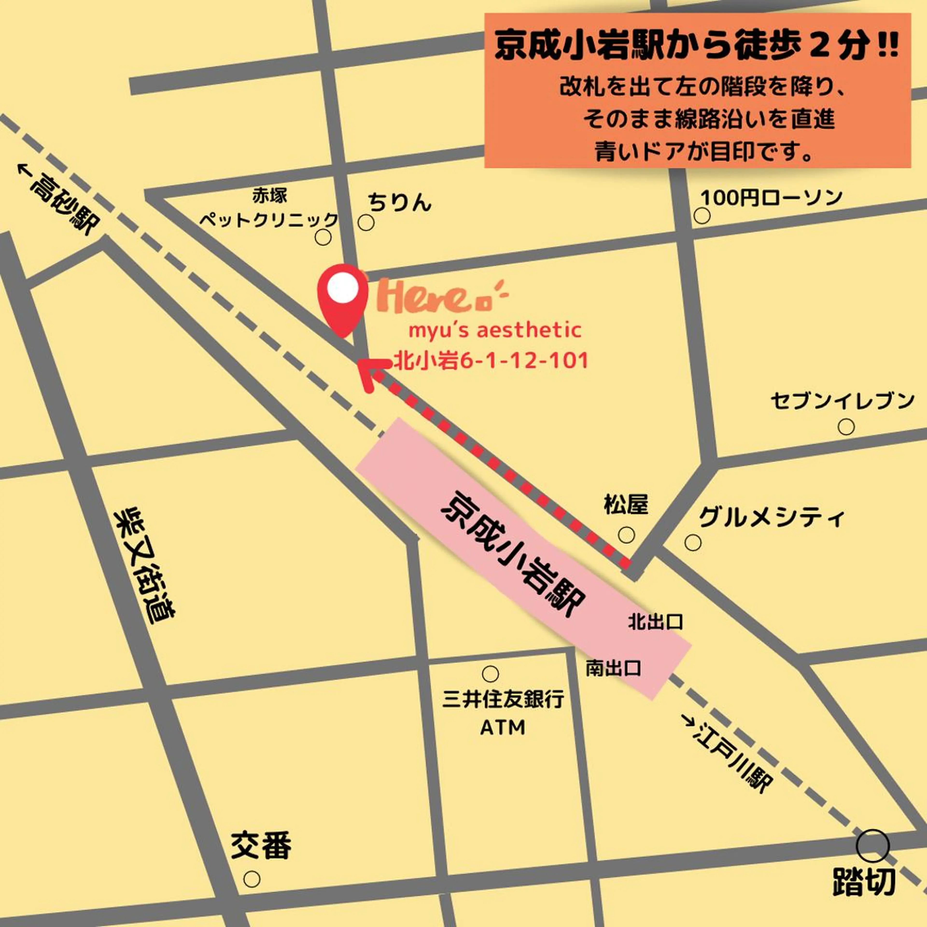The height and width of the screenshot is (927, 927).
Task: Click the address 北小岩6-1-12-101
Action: click(x=490, y=361)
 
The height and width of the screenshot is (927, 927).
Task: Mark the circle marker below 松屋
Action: click(x=626, y=534)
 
